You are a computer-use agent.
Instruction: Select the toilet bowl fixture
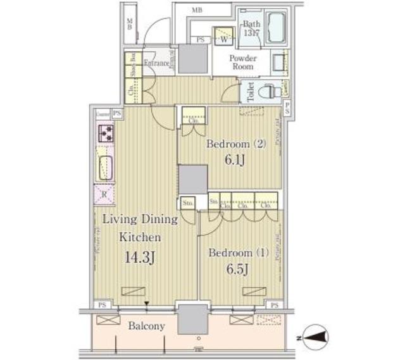tap(271, 92)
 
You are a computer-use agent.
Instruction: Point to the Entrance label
tap(156, 63)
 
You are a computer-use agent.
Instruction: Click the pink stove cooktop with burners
tap(105, 133)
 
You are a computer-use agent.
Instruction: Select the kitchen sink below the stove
tap(105, 167)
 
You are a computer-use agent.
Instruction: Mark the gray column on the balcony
tap(192, 319)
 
